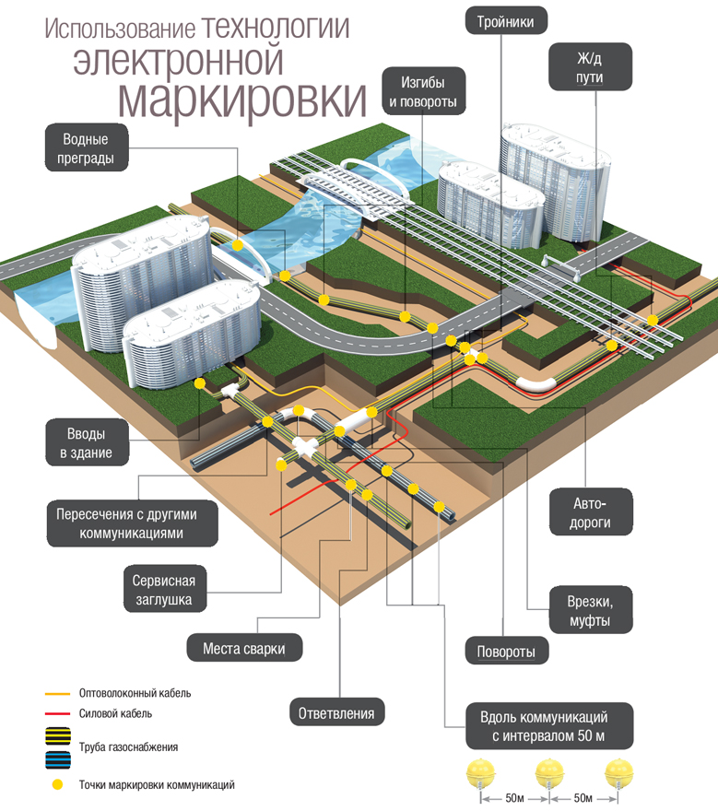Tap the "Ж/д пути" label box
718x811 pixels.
(590, 66)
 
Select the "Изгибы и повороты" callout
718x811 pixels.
(423, 89)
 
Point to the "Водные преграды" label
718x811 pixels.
(87, 149)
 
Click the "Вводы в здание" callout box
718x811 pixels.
(87, 442)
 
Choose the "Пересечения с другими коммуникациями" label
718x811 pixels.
(133, 523)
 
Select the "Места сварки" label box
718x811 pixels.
(244, 649)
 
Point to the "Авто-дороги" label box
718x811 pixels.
(590, 513)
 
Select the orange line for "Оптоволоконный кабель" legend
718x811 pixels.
(58, 693)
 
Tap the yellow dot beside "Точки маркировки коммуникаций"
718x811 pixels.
(57, 785)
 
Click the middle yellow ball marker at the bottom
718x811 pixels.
(548, 772)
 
